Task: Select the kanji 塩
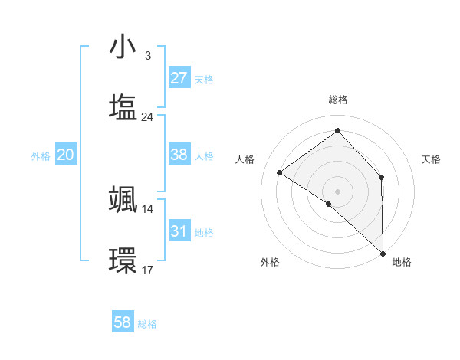[x=123, y=106]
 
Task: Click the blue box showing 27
[x=179, y=78]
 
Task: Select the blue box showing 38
[x=179, y=155]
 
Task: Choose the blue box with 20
[x=65, y=155]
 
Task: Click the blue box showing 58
[x=123, y=322]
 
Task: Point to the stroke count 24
[x=148, y=117]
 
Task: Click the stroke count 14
[x=148, y=208]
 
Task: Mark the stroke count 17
[x=148, y=270]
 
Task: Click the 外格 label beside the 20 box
[x=41, y=156]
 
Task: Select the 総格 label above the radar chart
[x=338, y=100]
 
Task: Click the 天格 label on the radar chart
[x=432, y=159]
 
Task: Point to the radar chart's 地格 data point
[x=383, y=253]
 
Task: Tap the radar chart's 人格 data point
[x=279, y=172]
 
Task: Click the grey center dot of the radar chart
[x=338, y=191]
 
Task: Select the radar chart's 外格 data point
[x=329, y=204]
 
